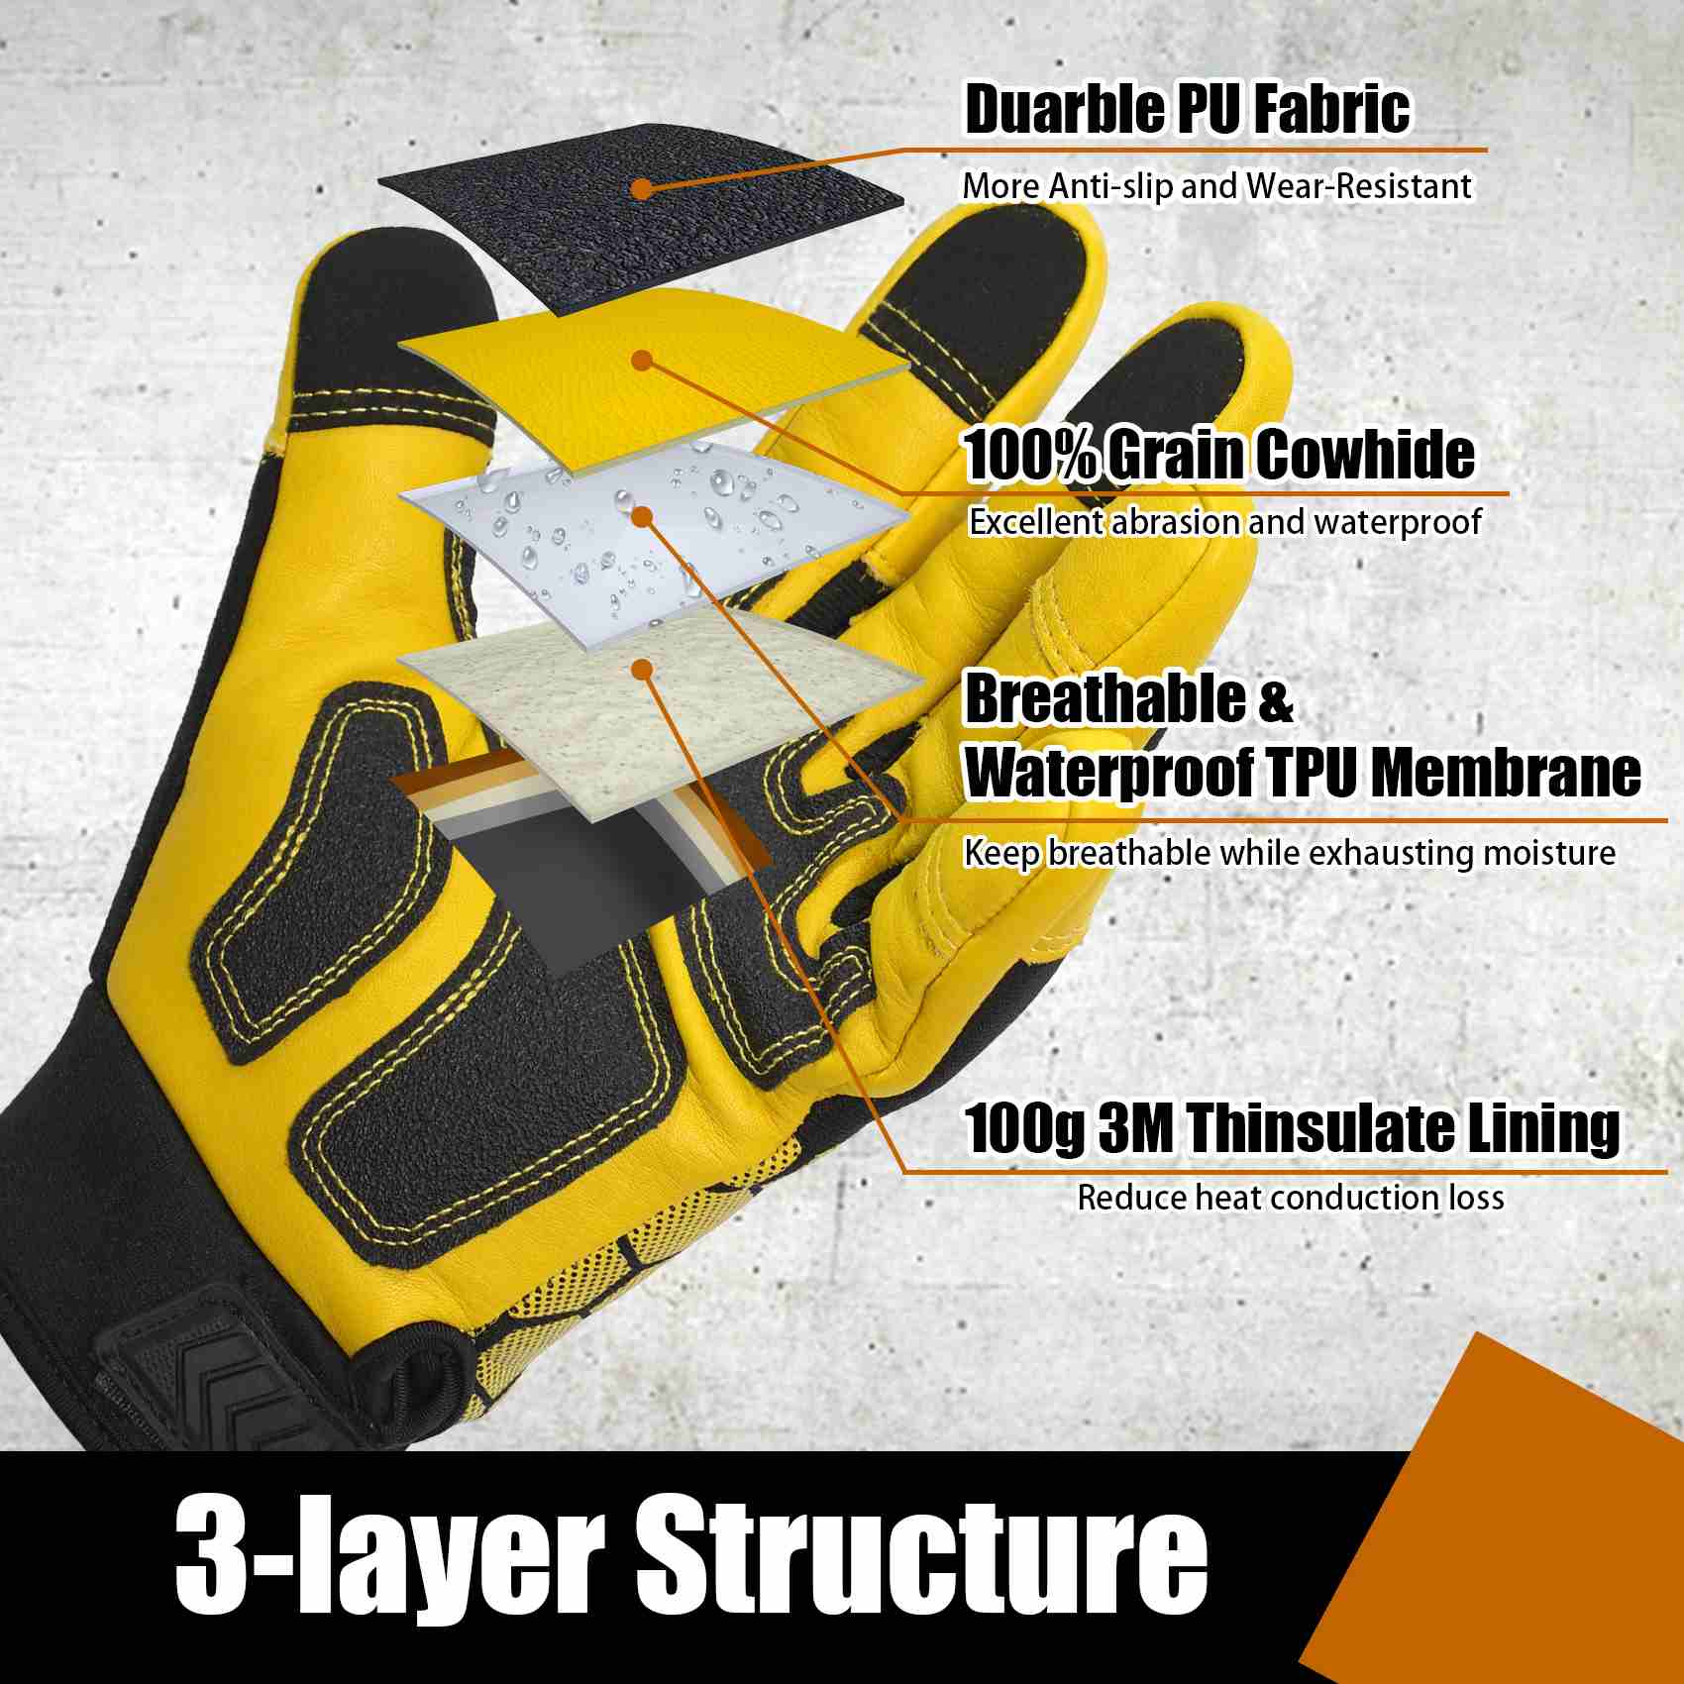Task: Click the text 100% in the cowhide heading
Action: tap(1029, 456)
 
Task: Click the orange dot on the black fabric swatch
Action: tap(642, 187)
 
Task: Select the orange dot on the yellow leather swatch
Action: tap(642, 361)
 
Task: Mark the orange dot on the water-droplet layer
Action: tap(642, 515)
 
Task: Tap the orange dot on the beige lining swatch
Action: tap(642, 671)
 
